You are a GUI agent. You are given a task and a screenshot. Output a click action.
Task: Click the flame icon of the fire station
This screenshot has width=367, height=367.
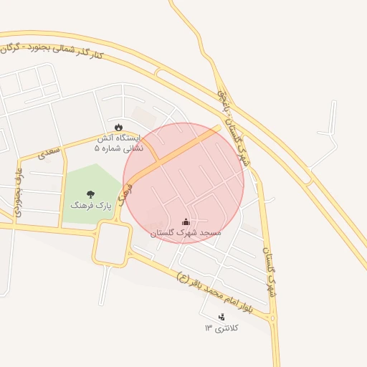pyautogui.click(x=118, y=127)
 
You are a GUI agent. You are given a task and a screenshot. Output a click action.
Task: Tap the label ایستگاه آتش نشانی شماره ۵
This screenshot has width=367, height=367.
pyautogui.click(x=119, y=143)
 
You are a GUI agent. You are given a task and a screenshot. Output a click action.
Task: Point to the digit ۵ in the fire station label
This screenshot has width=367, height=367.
pyautogui.click(x=97, y=148)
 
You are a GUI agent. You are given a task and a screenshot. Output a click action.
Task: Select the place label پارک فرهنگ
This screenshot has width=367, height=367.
pyautogui.click(x=91, y=205)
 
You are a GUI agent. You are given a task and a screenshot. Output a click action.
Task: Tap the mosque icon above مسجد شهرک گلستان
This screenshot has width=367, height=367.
pyautogui.click(x=186, y=221)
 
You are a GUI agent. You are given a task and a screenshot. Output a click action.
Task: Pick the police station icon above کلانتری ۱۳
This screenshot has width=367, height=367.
pyautogui.click(x=221, y=316)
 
